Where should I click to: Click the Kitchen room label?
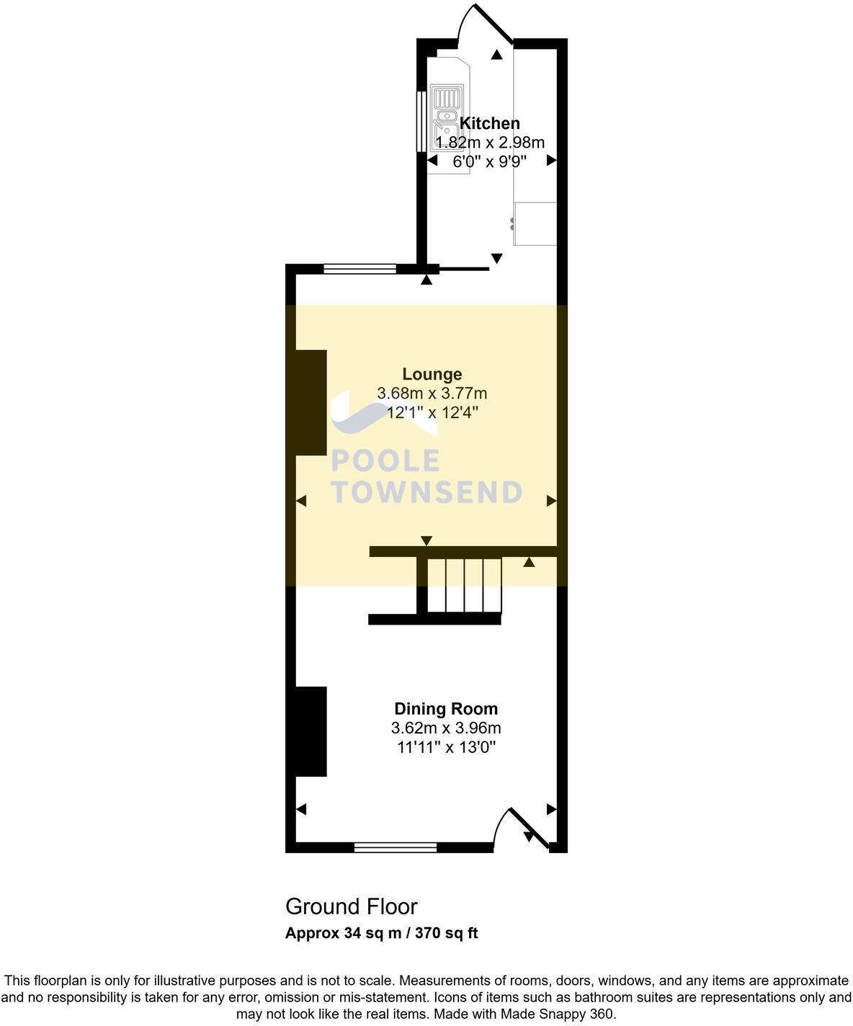pyautogui.click(x=490, y=123)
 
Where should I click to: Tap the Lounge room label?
pyautogui.click(x=432, y=374)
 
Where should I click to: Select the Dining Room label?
pyautogui.click(x=445, y=708)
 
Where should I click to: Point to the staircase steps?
pyautogui.click(x=464, y=585)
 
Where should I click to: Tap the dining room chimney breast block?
pyautogui.click(x=311, y=731)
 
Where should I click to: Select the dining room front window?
pyautogui.click(x=396, y=847)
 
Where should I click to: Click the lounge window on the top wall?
pyautogui.click(x=359, y=269)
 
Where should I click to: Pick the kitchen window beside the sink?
pyautogui.click(x=420, y=122)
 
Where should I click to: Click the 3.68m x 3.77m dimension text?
pyautogui.click(x=432, y=393)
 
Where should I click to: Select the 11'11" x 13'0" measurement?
pyautogui.click(x=446, y=747)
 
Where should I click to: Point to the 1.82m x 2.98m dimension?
pyautogui.click(x=490, y=142)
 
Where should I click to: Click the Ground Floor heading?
pyautogui.click(x=351, y=906)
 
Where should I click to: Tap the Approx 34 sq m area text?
pyautogui.click(x=381, y=933)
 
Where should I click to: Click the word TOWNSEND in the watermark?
pyautogui.click(x=426, y=492)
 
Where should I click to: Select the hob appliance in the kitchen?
pyautogui.click(x=535, y=224)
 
